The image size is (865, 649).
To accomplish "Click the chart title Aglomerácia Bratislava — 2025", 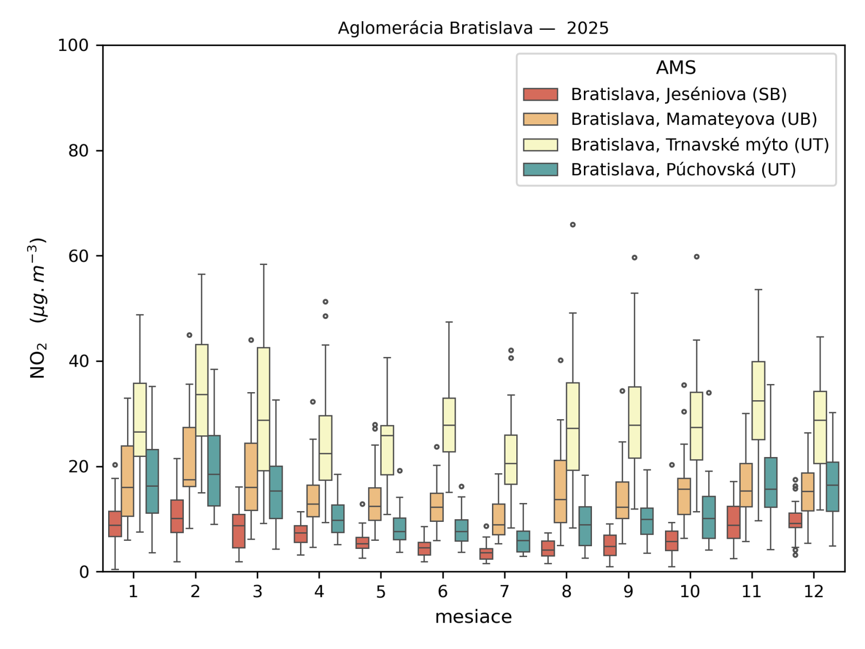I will point(473,28).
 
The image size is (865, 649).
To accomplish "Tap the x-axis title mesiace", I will point(473,617).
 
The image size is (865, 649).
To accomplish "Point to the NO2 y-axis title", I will point(37,308).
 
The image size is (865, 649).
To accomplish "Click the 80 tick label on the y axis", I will point(78,151).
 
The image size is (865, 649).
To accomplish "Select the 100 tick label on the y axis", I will point(74,45).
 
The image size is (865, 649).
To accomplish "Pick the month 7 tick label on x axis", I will point(504,592).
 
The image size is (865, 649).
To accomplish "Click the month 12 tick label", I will point(813,592).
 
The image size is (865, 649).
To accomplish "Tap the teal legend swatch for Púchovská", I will point(541,170).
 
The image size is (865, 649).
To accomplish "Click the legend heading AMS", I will point(676,68).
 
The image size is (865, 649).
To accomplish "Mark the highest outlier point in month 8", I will point(573,225).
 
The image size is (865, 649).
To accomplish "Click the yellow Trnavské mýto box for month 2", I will point(202,389).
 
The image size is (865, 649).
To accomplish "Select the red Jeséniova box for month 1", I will point(115,524).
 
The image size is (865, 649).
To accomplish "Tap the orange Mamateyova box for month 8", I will point(561,491).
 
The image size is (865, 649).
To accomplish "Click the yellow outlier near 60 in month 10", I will point(697,257).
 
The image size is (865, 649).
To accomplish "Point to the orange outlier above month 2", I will point(189,335).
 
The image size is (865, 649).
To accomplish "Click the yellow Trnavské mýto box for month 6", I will point(449,425).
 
